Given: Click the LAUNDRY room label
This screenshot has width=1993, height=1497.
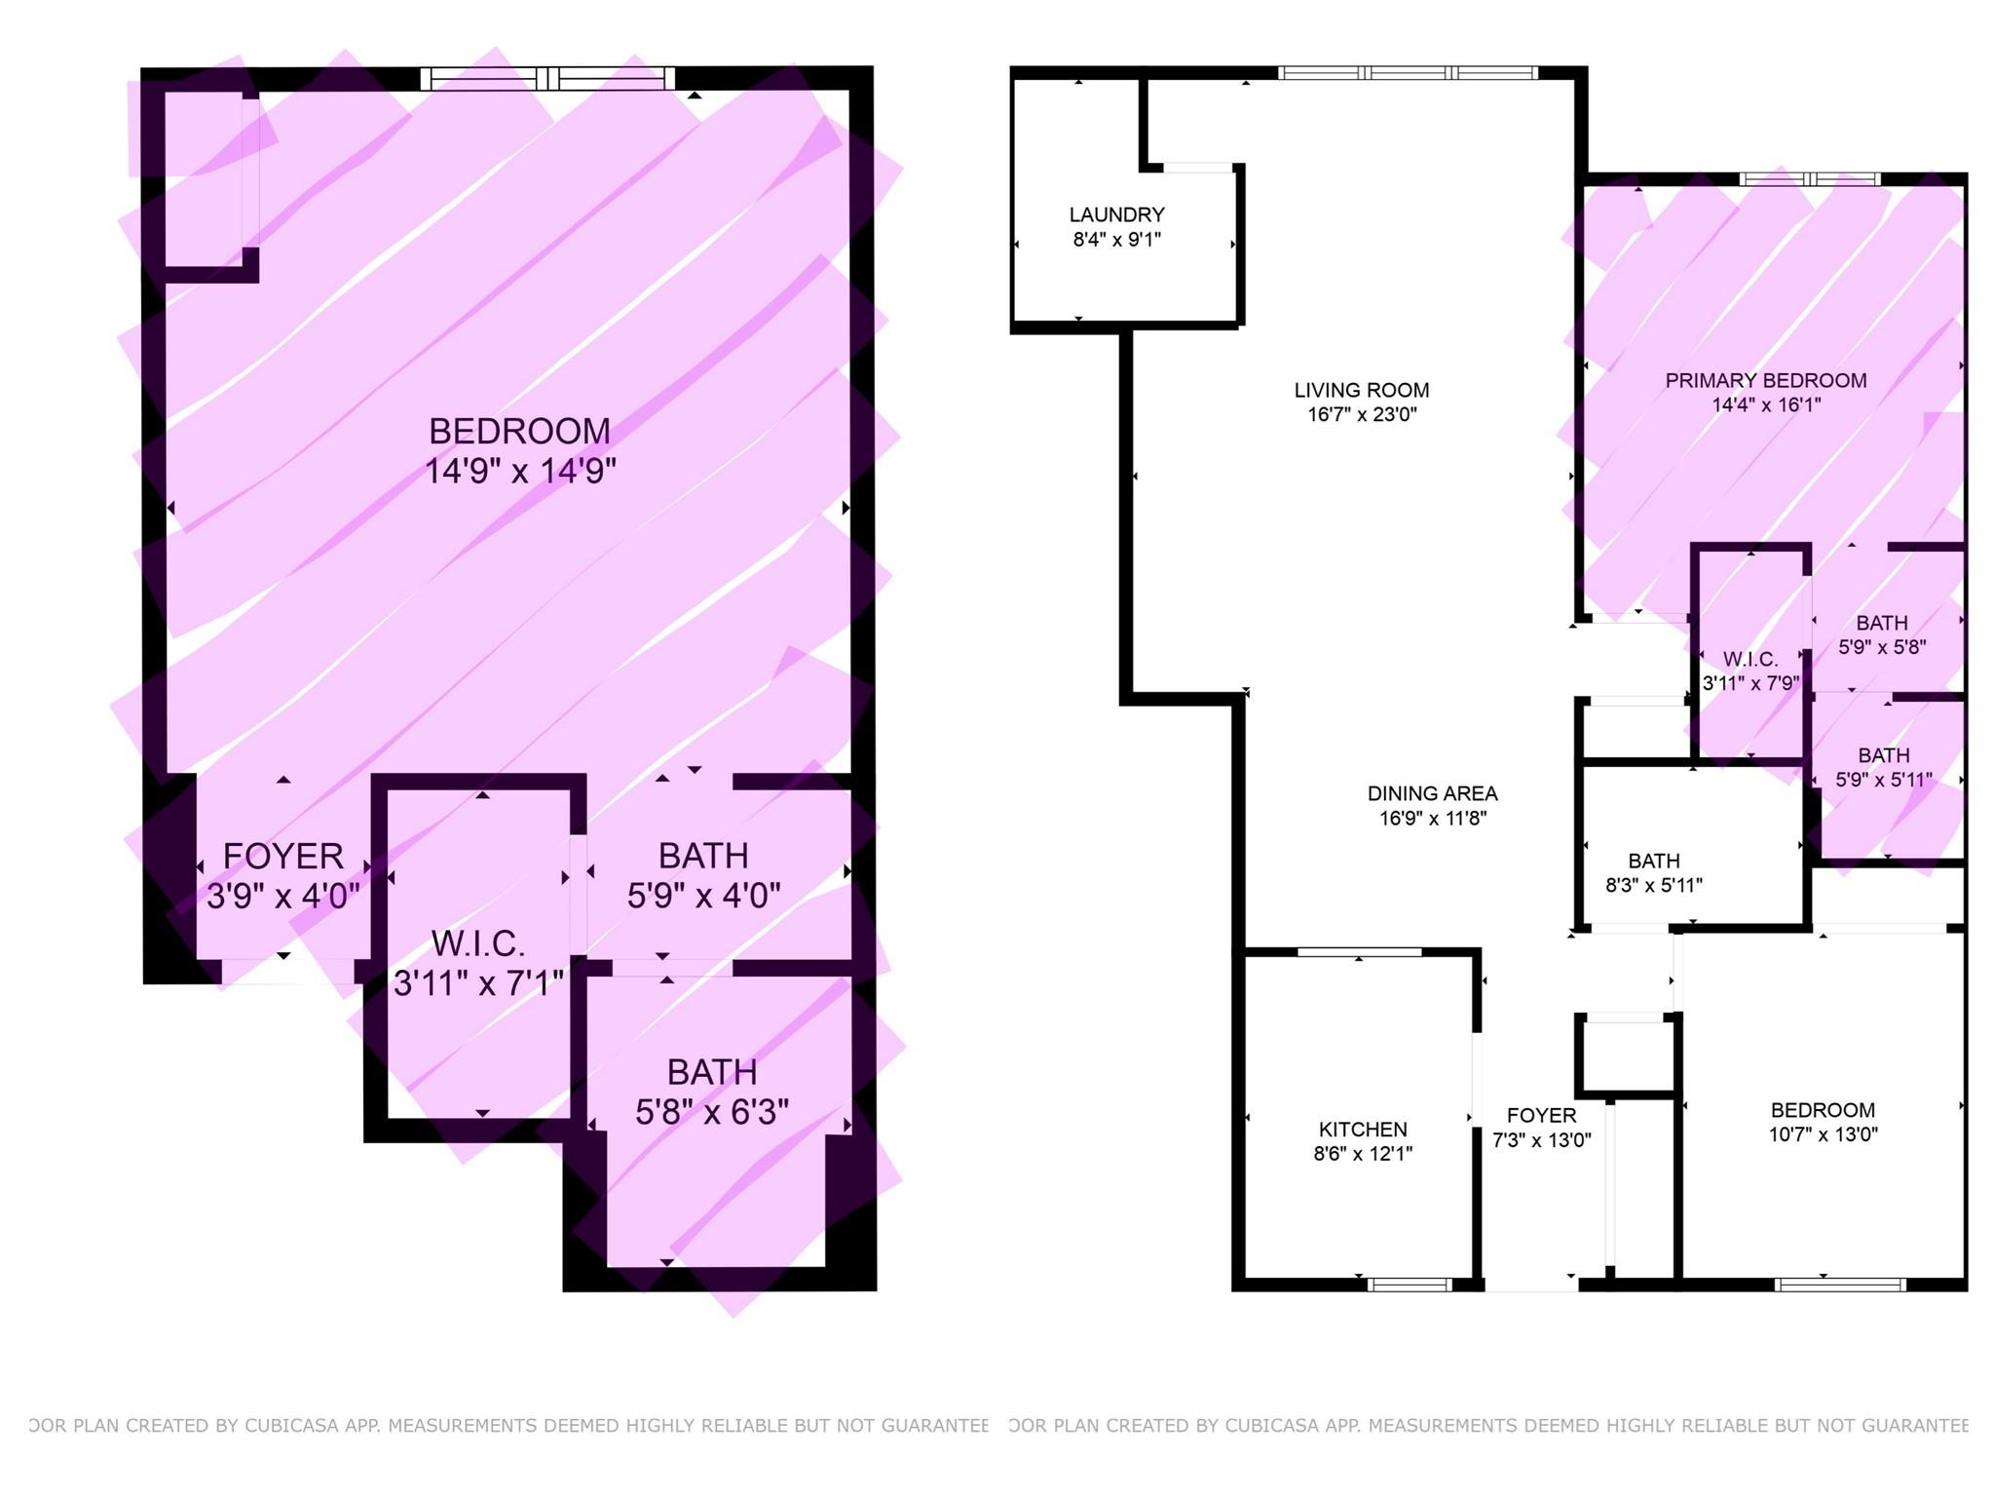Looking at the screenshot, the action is [x=1116, y=214].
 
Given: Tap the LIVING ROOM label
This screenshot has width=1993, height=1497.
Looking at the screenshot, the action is [x=1361, y=390].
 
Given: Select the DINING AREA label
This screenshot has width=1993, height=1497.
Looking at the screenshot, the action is [x=1432, y=793].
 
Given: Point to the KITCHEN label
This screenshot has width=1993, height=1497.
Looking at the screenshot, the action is [x=1362, y=1130].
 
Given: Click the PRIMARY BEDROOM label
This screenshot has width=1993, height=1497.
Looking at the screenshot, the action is [x=1765, y=380].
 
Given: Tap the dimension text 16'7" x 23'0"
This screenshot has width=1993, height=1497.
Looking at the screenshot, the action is [x=1361, y=414].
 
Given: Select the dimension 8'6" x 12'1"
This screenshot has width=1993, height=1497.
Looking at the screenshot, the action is [x=1362, y=1154].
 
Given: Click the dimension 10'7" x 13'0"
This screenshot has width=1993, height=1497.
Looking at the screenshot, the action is [x=1823, y=1134].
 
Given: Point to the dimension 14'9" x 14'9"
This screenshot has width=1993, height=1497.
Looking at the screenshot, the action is [x=520, y=471].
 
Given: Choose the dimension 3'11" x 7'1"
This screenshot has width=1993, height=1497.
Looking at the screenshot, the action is [x=478, y=983].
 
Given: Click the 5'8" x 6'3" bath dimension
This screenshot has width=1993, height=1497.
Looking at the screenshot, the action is [x=711, y=1112].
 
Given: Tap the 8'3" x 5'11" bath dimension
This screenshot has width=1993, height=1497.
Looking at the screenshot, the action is [x=1653, y=885].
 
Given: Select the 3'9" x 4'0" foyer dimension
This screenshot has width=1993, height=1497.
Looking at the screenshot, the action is [x=282, y=896].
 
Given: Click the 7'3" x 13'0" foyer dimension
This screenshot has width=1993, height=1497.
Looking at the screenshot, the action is [x=1541, y=1139].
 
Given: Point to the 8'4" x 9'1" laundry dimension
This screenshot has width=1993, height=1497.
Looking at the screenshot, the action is [x=1116, y=240].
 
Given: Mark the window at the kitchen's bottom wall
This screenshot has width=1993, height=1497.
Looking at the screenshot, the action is [x=1410, y=1285].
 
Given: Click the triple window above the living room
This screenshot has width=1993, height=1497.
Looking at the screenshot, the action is [x=1408, y=72].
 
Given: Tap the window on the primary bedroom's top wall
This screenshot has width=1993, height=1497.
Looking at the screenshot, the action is [x=1810, y=178].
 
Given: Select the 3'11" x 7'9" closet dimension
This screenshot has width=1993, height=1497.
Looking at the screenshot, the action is [x=1750, y=683].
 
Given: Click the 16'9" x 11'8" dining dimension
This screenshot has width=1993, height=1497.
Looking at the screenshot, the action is [x=1432, y=819].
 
